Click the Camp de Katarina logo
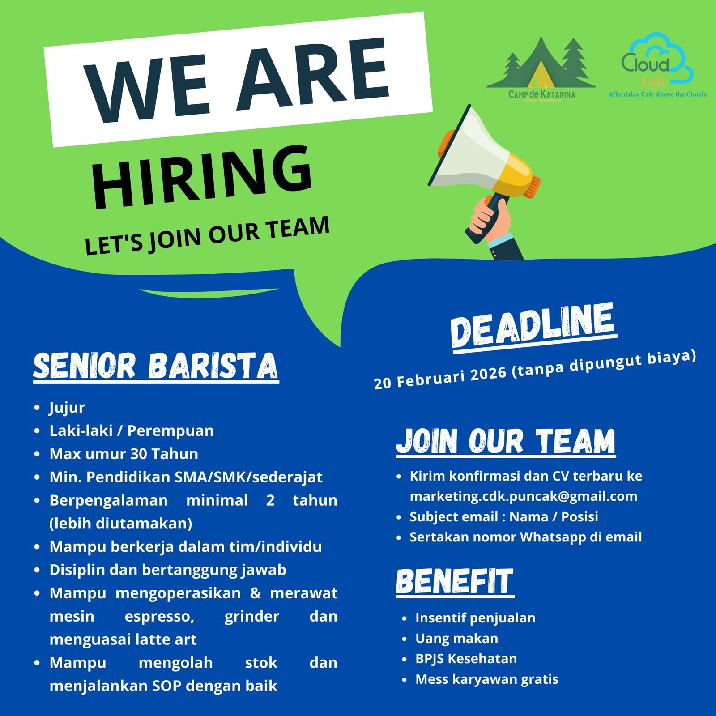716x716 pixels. click(541, 69)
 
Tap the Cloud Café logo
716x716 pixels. click(657, 65)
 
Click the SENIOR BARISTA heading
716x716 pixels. click(156, 367)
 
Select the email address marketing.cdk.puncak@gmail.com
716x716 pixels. click(523, 496)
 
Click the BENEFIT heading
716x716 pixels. click(455, 582)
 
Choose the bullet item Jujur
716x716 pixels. click(67, 408)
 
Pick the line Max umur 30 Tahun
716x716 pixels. click(124, 454)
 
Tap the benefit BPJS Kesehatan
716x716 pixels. click(466, 659)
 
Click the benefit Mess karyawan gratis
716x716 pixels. click(487, 679)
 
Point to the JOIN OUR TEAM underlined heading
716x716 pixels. click(506, 442)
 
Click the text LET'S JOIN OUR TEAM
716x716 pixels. click(207, 236)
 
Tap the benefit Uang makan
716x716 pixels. click(456, 638)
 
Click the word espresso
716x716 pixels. click(159, 617)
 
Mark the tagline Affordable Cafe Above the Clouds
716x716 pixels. click(657, 94)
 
